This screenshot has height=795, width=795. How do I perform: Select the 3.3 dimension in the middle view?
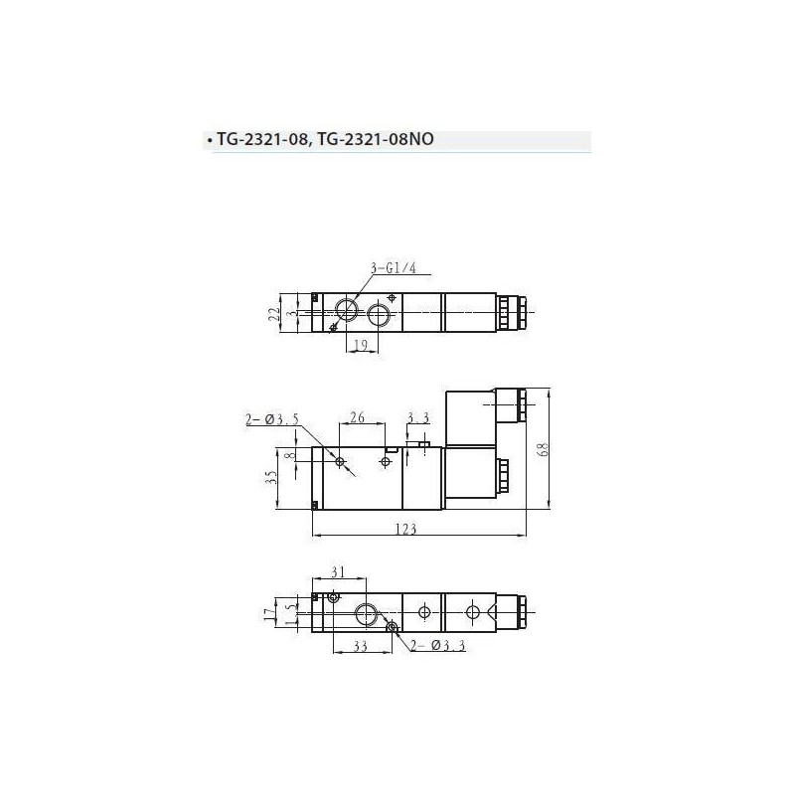[417, 419]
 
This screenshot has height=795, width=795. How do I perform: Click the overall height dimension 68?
[542, 449]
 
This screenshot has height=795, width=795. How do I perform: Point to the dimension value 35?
[270, 480]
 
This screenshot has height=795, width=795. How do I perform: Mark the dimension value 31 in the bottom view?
[339, 571]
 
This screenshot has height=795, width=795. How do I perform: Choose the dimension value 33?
[347, 647]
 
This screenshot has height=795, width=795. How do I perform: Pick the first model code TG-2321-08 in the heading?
[262, 141]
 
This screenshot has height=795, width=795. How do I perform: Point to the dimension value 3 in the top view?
[291, 313]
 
